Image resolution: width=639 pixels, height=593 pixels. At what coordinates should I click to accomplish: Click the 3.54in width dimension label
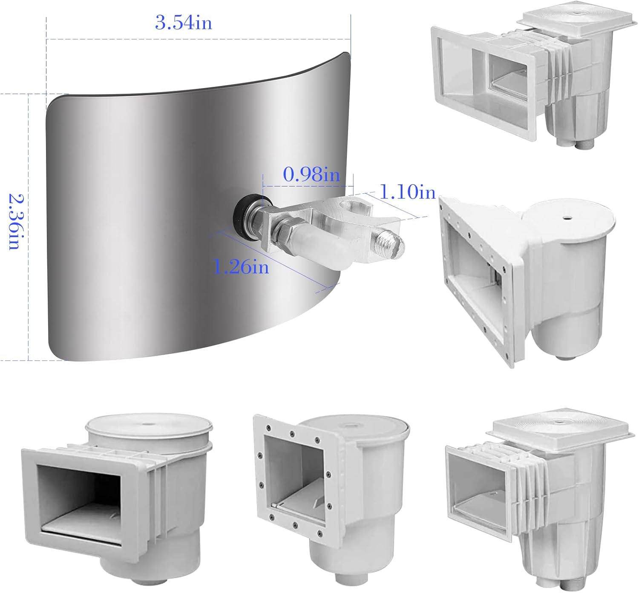(x=184, y=23)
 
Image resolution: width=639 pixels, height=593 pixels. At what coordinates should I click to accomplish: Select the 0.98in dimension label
(x=311, y=175)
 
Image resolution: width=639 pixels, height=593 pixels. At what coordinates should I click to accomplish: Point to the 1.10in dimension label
(x=408, y=192)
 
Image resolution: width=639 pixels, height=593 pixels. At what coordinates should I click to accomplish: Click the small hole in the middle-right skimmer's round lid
(x=565, y=218)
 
